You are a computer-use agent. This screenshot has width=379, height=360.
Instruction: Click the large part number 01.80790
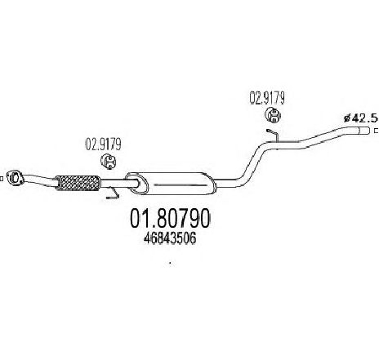[170, 218]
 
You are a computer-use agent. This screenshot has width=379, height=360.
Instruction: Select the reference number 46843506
[170, 238]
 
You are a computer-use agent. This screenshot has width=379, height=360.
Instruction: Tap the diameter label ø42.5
[360, 118]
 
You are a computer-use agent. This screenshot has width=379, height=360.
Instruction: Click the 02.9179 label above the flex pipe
[103, 144]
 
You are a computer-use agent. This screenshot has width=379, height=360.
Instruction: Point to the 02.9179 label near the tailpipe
[267, 98]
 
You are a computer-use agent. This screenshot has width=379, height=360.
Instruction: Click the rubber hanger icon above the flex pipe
[109, 162]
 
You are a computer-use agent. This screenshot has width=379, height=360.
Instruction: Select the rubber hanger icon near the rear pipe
[273, 115]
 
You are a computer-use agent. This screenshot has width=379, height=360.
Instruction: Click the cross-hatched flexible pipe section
[78, 183]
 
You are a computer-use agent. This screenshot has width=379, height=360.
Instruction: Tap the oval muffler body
[171, 183]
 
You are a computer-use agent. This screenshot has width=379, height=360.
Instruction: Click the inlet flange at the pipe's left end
[16, 177]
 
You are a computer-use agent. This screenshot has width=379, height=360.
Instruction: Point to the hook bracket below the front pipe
[114, 193]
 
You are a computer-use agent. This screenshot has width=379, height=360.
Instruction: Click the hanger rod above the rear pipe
[273, 135]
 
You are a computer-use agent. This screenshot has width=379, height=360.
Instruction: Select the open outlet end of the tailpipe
[364, 131]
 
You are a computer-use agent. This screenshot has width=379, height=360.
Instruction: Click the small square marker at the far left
[2, 179]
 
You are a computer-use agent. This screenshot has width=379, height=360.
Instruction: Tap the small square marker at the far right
[377, 131]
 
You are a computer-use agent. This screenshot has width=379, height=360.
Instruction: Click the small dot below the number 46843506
[170, 263]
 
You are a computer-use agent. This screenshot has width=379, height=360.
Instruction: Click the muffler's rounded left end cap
[136, 183]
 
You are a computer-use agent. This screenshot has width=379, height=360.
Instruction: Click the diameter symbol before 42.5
[347, 118]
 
